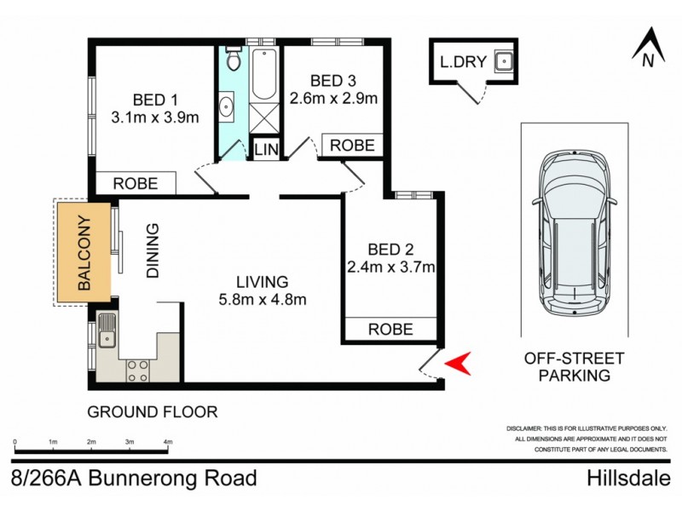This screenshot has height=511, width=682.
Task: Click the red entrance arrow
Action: point(459,364)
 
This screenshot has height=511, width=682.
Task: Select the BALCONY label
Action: point(84,253)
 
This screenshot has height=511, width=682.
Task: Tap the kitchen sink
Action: point(106,330)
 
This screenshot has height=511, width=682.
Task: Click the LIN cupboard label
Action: point(265,150)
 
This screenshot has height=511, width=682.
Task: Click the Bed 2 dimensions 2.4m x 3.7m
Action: point(390,267)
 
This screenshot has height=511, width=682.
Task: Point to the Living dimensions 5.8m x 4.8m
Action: point(263,299)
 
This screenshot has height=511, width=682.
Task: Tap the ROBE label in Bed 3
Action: point(352,146)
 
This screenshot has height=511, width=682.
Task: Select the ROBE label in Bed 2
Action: point(390,329)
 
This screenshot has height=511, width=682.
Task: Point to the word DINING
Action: point(153,251)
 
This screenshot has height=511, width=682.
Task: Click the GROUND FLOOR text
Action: point(153,412)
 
